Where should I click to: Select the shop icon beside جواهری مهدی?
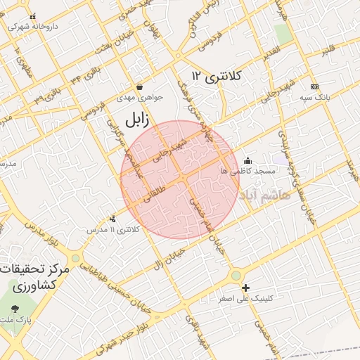(x=139, y=87)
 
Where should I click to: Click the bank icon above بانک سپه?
(x=314, y=86)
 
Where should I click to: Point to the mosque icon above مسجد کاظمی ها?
(x=247, y=160)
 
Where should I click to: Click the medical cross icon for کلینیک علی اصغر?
(x=245, y=287)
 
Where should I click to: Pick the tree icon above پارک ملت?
(x=15, y=308)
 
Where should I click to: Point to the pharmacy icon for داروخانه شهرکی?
(x=32, y=16)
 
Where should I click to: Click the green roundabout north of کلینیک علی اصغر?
(x=236, y=275)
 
